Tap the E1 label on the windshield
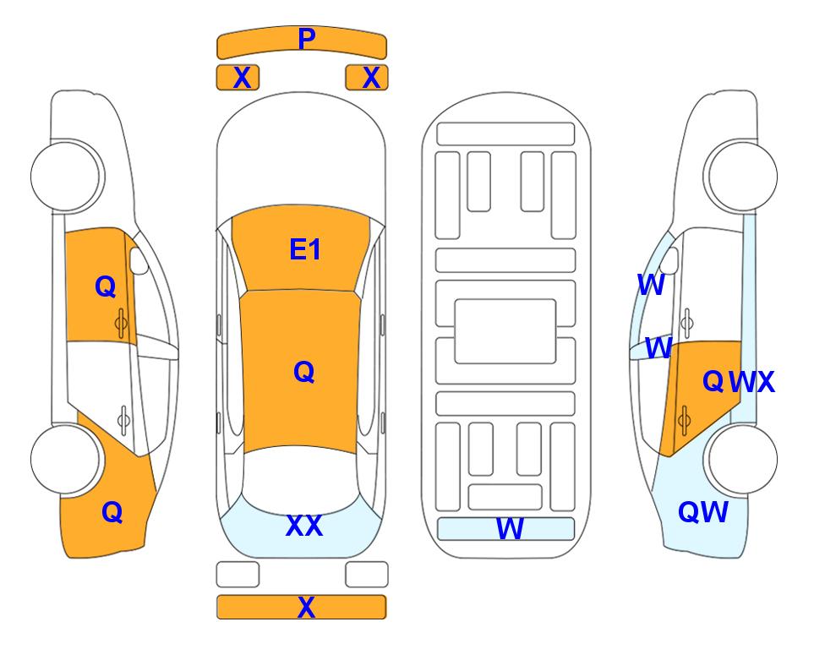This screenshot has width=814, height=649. point(305,249)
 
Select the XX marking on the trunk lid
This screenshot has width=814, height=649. point(304,526)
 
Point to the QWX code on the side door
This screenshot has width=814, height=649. point(738,382)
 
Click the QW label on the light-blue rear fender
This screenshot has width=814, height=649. point(703,512)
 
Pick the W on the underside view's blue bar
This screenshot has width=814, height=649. point(510,529)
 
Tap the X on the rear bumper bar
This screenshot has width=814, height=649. point(306,607)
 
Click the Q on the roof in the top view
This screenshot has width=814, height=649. point(304,372)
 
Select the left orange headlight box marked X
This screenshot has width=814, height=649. point(238,78)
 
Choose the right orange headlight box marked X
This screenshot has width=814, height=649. point(367,78)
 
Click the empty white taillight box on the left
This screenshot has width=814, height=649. point(238,575)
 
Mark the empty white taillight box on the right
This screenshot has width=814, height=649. point(367,575)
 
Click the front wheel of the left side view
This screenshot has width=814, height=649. point(66,176)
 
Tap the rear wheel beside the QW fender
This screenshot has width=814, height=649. point(742,459)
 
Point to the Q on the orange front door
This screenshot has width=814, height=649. point(106,286)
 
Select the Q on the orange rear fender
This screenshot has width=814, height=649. point(112,512)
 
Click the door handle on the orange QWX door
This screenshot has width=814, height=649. point(684,421)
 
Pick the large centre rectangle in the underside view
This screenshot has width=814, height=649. point(505,331)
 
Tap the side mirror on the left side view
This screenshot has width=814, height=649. point(139,260)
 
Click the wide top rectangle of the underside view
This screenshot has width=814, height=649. point(505,134)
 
